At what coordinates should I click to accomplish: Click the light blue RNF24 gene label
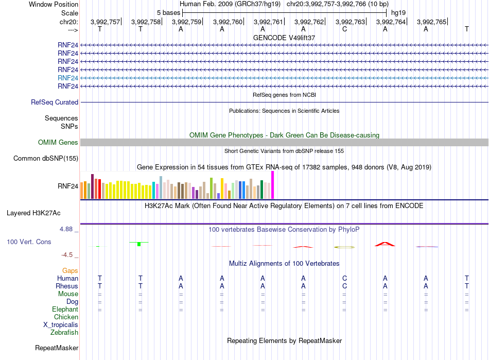[67, 78]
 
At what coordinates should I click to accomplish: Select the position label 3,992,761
[268, 22]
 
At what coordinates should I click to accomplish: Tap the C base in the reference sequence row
[344, 29]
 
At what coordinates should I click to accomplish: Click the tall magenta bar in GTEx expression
[273, 185]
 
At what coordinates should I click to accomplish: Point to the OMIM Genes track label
[58, 143]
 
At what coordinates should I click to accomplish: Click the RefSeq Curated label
[55, 102]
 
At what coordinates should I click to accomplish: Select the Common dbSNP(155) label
[45, 159]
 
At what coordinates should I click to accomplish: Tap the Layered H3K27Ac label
[33, 213]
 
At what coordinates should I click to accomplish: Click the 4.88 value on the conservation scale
[66, 229]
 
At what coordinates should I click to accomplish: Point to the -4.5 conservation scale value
[67, 255]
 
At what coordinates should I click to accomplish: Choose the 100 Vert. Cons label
[29, 242]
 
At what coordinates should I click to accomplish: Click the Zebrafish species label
[64, 333]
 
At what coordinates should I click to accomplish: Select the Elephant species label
[65, 309]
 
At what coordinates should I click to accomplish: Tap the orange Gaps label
[70, 271]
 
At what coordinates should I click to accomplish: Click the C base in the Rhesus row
[344, 286]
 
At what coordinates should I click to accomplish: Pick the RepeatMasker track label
[57, 348]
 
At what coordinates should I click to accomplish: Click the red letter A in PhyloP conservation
[385, 244]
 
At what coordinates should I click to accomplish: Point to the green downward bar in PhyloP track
[139, 244]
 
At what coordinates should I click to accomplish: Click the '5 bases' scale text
[168, 13]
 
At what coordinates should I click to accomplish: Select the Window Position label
[54, 4]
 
